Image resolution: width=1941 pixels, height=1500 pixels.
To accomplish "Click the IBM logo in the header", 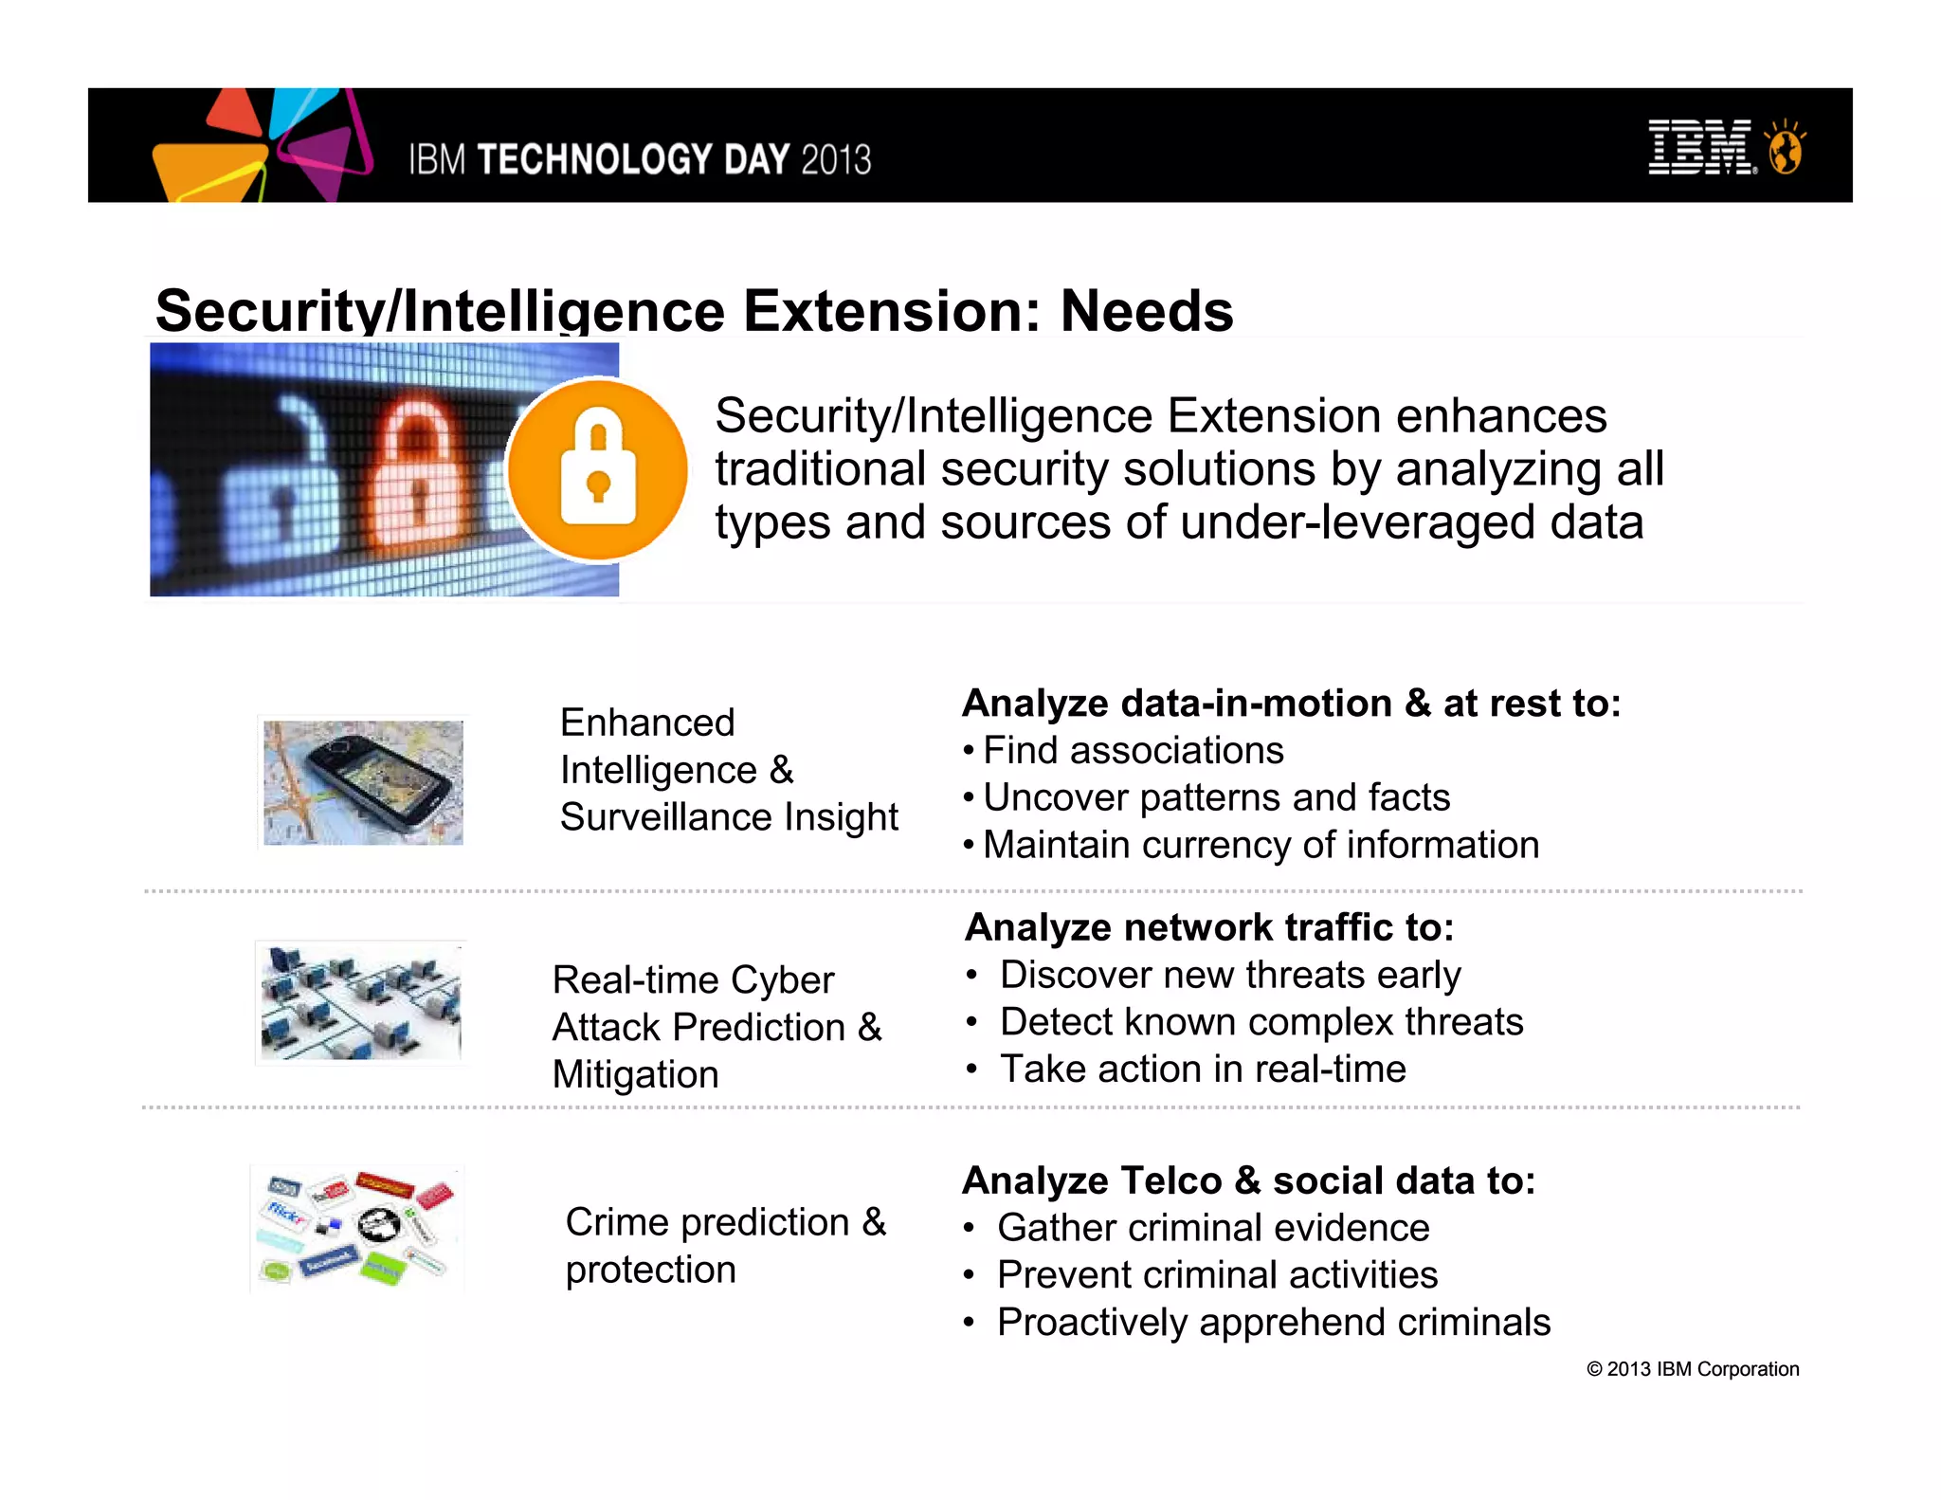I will pos(1701,148).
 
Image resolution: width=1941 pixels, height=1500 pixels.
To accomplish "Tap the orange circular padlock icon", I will pos(597,470).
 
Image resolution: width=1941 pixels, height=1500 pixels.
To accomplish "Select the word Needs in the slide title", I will pos(1146,311).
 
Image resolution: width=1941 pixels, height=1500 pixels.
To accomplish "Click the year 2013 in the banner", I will pos(835,159).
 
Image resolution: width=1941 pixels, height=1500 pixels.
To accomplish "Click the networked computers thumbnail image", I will pos(361,1002).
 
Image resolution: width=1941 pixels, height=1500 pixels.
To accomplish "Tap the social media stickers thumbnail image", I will pos(357,1229).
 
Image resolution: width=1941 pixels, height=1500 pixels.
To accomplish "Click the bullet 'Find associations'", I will pos(1133,751).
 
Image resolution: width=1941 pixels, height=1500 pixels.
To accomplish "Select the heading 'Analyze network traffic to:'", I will pos(1208,927).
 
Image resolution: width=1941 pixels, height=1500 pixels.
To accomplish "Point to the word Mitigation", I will pos(635,1075).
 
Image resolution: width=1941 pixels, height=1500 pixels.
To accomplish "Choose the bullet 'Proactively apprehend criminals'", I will pos(1273,1323).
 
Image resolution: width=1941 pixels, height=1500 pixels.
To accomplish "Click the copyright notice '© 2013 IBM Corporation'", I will pos(1692,1369).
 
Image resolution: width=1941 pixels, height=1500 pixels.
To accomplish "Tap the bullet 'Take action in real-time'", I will pos(1203,1070).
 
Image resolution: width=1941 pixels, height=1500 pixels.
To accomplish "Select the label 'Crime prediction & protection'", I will pos(725,1246).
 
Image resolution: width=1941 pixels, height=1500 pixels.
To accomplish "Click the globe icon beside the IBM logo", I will pos(1785,150).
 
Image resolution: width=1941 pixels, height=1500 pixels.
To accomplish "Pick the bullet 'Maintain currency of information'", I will pos(1261,845).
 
